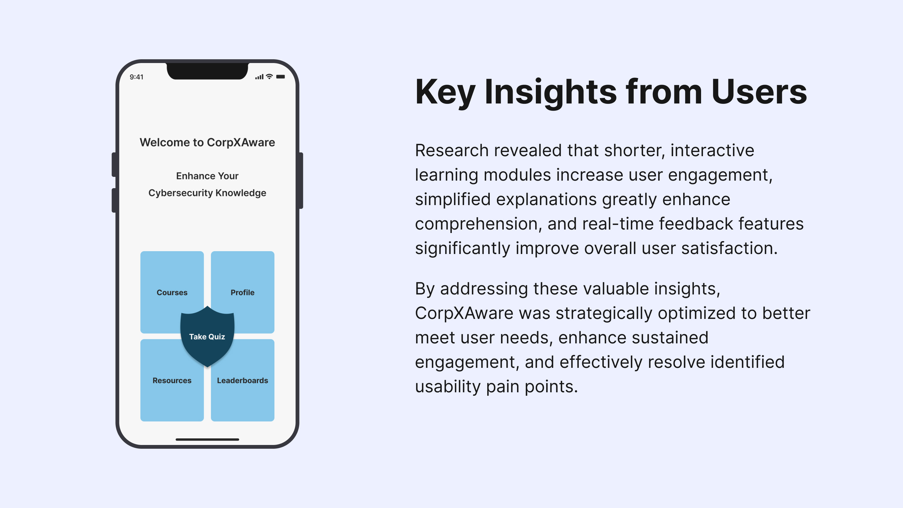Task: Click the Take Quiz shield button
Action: pos(207,336)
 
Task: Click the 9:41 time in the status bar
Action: pos(136,77)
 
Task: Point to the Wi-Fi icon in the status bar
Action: pos(269,77)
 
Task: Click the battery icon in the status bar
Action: pos(280,77)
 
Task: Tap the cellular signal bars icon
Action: pos(259,77)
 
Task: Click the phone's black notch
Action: pos(207,71)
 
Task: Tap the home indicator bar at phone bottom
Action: pos(207,439)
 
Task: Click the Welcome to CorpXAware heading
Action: pos(207,142)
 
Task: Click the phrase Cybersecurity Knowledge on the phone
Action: pos(207,193)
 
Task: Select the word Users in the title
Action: pos(759,92)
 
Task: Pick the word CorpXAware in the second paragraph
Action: pos(464,313)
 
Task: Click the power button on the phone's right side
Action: pos(301,181)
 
